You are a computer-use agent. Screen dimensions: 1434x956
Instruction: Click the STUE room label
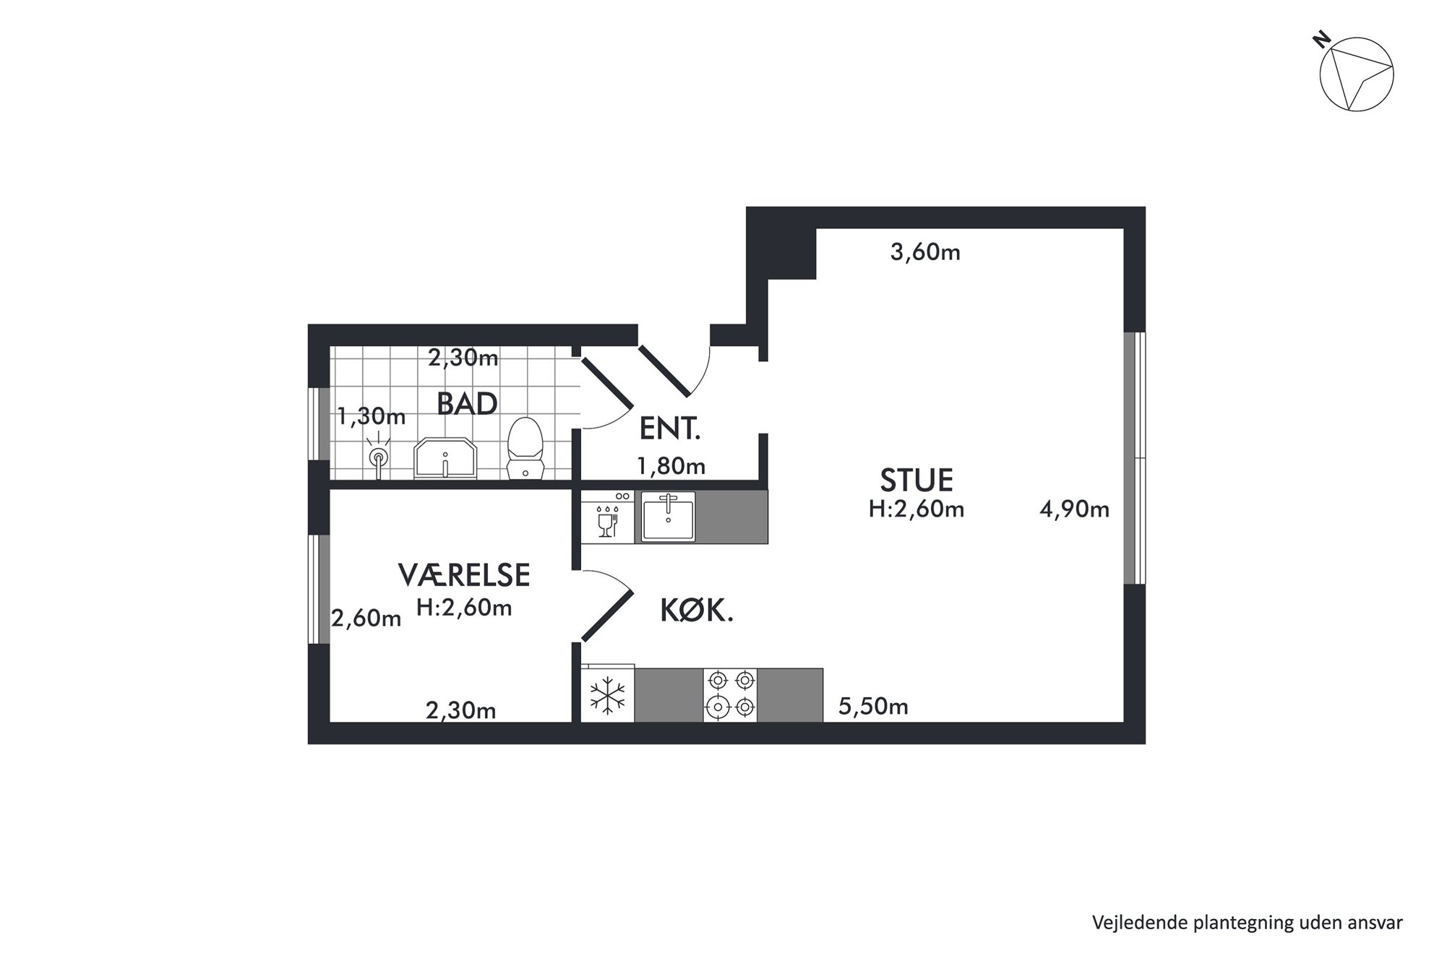click(916, 481)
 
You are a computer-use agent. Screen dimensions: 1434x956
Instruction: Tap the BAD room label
click(467, 404)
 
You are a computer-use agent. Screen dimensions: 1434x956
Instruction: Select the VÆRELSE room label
click(464, 575)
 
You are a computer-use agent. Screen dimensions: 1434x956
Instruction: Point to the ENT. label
click(670, 430)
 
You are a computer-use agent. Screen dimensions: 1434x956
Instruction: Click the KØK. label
click(697, 612)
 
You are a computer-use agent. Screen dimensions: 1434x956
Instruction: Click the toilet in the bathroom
click(525, 448)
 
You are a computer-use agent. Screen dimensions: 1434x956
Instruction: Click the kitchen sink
click(669, 517)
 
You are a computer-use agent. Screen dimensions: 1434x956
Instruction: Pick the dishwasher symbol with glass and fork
click(608, 517)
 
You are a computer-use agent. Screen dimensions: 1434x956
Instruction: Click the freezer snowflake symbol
click(608, 696)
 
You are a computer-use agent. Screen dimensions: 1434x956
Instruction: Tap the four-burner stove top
click(730, 695)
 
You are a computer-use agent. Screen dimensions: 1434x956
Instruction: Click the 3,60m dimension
click(925, 252)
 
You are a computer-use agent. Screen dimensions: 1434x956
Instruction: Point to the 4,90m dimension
click(1074, 509)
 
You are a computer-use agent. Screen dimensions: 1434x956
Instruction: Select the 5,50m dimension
click(873, 706)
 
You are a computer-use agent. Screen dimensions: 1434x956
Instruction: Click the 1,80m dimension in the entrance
click(671, 466)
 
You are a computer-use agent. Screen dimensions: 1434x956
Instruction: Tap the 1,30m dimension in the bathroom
click(372, 417)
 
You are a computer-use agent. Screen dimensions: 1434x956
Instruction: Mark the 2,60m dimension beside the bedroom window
click(366, 619)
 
